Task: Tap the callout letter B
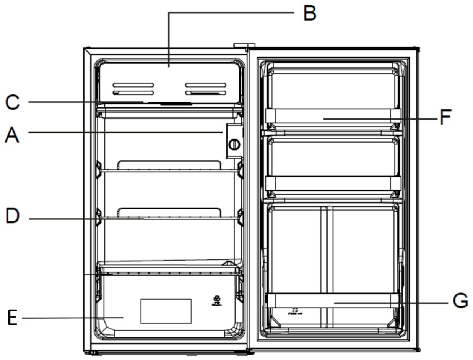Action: pos(309,13)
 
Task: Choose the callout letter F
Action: pos(445,117)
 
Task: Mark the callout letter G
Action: pos(460,301)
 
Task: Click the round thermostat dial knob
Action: pos(234,144)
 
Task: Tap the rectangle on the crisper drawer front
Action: pos(166,311)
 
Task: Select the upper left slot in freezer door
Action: pos(133,84)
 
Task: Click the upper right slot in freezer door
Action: pos(205,84)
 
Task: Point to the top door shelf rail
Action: pos(333,115)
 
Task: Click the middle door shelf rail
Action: pos(333,183)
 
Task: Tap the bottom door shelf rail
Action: pos(333,300)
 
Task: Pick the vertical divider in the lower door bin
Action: pos(327,248)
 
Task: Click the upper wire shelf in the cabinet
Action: pos(168,171)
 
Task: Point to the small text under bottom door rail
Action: pos(294,311)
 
